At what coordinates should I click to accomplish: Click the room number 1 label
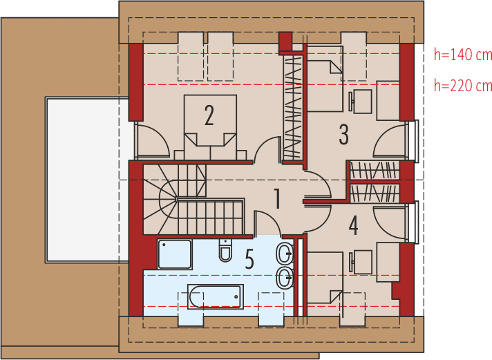[276, 199]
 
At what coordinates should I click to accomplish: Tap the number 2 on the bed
[209, 115]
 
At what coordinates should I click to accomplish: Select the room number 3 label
[343, 134]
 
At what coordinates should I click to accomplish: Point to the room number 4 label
[353, 225]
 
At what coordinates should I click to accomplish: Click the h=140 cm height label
[462, 53]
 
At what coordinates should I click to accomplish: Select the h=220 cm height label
[462, 86]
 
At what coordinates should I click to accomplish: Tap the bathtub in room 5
[215, 296]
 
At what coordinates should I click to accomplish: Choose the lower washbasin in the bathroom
[285, 278]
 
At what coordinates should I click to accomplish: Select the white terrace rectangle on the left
[87, 180]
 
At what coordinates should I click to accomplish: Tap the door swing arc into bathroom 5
[266, 222]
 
